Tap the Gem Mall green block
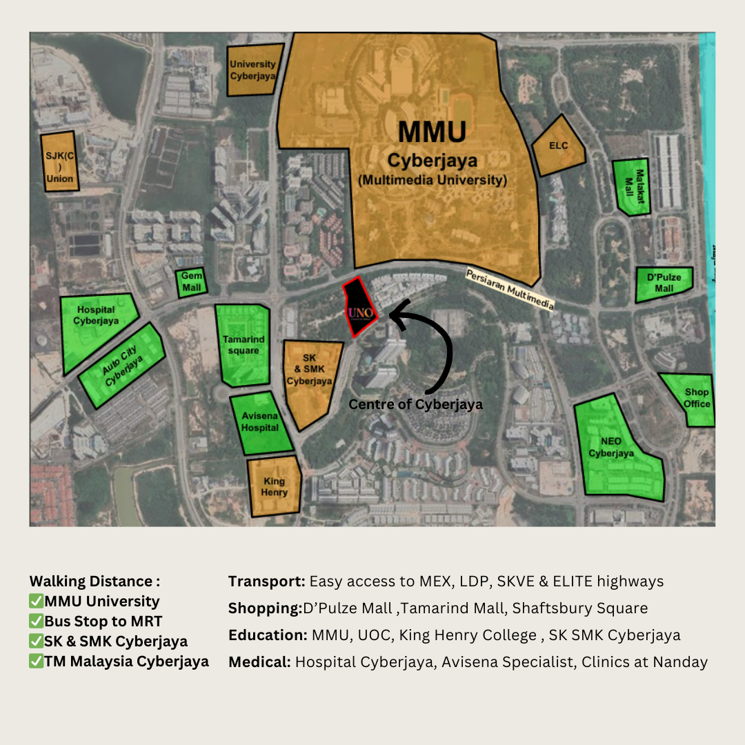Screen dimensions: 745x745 (x=192, y=282)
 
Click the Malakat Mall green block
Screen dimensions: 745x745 (x=631, y=187)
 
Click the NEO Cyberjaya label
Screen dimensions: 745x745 (x=610, y=447)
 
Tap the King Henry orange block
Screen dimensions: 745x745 (x=275, y=486)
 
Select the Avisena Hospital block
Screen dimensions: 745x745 (x=259, y=423)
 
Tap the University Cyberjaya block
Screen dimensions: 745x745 (x=254, y=70)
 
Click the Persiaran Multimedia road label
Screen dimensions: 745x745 (x=510, y=289)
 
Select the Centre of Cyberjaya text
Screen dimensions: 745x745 (x=415, y=404)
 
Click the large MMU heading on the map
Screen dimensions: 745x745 (x=433, y=132)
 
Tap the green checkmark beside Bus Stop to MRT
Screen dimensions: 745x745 (x=37, y=622)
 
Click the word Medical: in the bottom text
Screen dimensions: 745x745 (x=259, y=662)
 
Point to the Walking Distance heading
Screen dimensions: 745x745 (x=95, y=582)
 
